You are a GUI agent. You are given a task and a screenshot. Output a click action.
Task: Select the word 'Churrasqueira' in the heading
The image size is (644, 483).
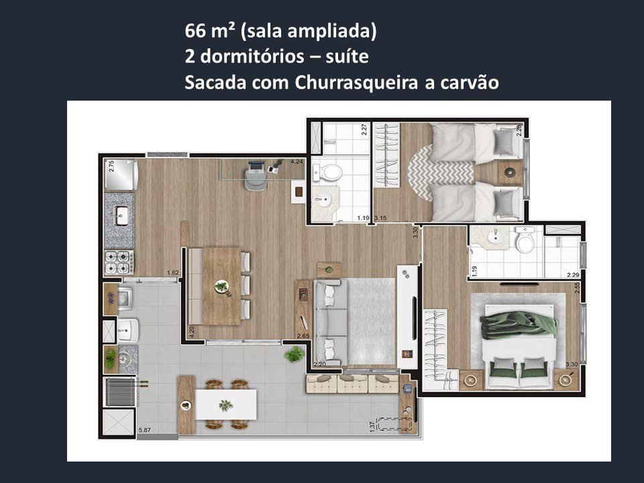(x=343, y=82)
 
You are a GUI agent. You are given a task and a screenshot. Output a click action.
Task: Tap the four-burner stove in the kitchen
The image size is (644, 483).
(x=119, y=262)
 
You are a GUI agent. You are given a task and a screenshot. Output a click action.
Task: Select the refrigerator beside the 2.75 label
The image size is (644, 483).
(x=121, y=175)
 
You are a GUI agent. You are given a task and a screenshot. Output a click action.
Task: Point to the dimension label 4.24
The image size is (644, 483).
(x=296, y=162)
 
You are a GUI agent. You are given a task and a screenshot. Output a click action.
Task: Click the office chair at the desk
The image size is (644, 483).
(x=256, y=175)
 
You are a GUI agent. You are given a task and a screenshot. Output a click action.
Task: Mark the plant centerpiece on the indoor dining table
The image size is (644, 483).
(x=221, y=286)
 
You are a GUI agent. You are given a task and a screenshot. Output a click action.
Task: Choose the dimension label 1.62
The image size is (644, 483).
(x=172, y=273)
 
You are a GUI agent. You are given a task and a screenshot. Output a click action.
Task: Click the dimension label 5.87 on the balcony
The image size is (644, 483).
(x=144, y=430)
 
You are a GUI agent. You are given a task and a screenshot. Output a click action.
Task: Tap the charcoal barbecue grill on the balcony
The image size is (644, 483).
(x=120, y=391)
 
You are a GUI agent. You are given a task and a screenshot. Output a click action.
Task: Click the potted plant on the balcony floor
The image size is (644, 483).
(x=294, y=354)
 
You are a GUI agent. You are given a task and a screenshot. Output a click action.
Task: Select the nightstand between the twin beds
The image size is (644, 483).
(x=508, y=172)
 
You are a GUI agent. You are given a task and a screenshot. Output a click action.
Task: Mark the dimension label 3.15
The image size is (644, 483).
(x=380, y=218)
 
